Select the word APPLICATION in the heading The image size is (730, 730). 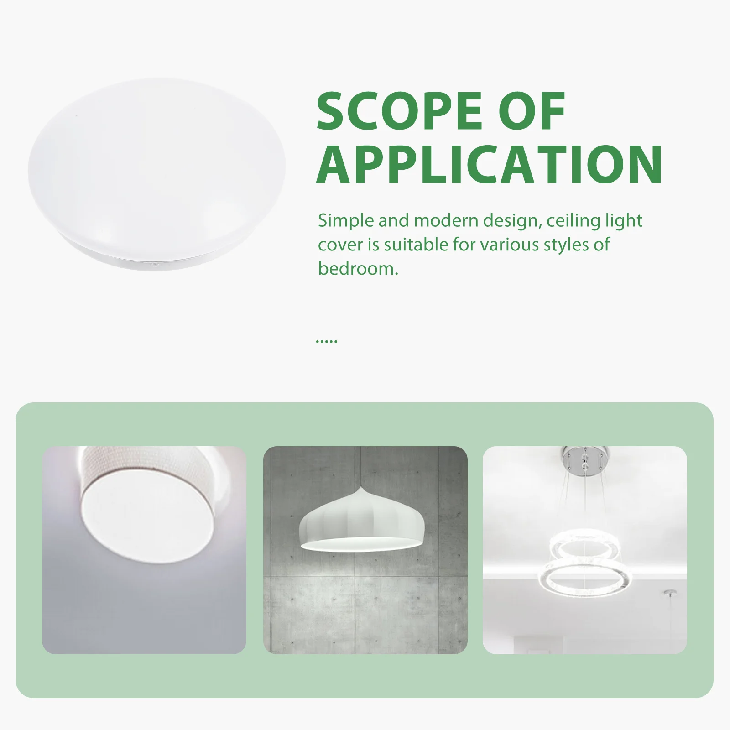pos(489,164)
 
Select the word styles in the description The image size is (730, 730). pos(564,245)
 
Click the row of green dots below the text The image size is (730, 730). pos(326,341)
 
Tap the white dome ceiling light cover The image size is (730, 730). pos(156,169)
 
